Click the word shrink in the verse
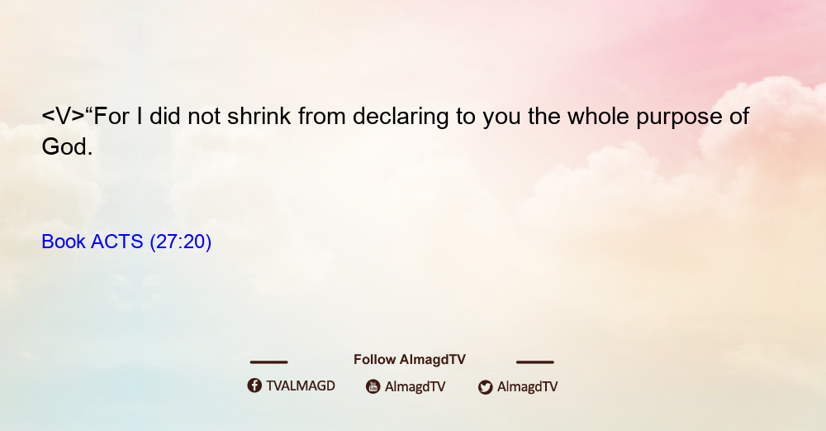259,116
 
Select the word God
67,146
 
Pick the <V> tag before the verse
63,117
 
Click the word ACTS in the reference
117,242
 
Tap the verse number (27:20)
181,242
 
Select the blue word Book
64,242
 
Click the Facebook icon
254,386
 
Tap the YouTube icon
373,386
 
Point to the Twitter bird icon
485,387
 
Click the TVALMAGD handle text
301,386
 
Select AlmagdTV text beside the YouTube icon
415,387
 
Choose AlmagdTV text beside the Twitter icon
527,387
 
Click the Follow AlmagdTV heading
410,360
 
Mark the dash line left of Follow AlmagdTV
268,362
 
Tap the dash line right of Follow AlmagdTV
535,362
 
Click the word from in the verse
321,116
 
